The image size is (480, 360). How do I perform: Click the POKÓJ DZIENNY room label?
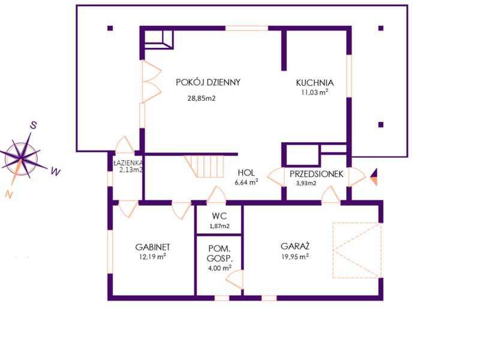[x=208, y=82]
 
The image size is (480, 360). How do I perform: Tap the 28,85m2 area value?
[x=202, y=98]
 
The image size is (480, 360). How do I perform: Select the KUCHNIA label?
[x=314, y=83]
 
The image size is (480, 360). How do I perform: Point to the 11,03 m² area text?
[x=314, y=92]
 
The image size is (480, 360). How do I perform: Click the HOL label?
[x=246, y=173]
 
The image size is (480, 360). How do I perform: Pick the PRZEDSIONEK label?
[x=317, y=174]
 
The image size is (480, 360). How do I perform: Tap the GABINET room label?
[x=152, y=247]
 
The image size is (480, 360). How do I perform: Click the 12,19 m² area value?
[x=152, y=257]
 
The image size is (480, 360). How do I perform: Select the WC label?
[x=219, y=216]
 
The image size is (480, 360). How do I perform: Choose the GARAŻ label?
[x=295, y=246]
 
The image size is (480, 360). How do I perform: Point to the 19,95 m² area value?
[x=295, y=257]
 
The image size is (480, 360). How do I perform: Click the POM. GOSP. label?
[x=220, y=253]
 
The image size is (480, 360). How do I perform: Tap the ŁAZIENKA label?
[x=128, y=162]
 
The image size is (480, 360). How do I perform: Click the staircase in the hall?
[x=204, y=166]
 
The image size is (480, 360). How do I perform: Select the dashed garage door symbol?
[x=357, y=250]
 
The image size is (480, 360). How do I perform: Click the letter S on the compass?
[x=34, y=125]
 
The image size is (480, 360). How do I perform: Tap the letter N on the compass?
[x=10, y=194]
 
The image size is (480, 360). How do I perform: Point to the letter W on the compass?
[x=56, y=172]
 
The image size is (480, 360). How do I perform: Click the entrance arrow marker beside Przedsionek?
[x=374, y=177]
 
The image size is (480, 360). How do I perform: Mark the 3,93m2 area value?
[x=306, y=184]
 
